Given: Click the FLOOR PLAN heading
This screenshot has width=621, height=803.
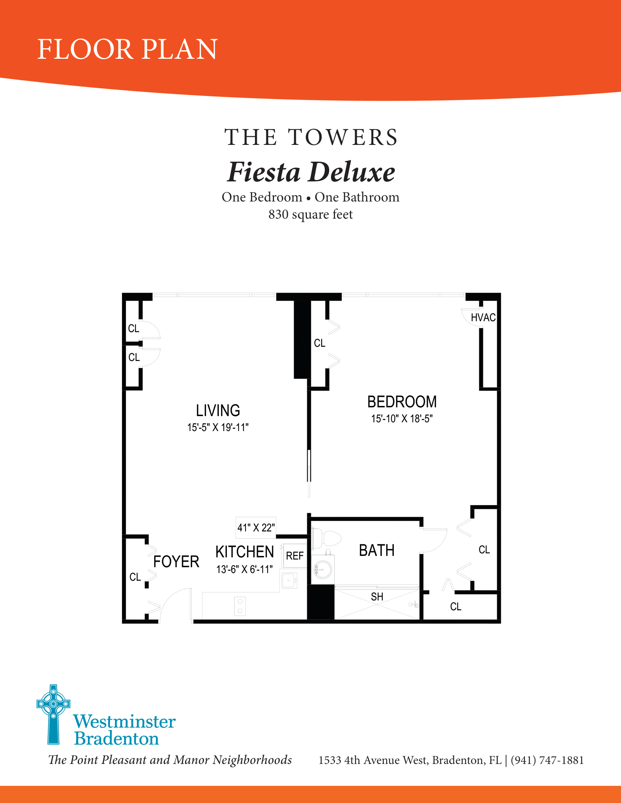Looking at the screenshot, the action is (127, 49).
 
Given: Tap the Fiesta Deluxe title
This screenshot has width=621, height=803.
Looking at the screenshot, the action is (311, 172).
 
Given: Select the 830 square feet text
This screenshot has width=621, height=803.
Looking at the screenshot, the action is (310, 214).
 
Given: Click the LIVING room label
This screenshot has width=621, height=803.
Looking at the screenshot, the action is (218, 410).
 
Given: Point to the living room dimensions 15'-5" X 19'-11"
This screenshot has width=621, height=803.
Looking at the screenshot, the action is (218, 427).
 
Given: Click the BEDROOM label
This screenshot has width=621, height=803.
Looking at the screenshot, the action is (402, 402).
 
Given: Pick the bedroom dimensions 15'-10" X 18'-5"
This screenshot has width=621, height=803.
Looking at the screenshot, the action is (402, 418).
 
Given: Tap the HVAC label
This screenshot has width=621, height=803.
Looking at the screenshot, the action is (483, 317).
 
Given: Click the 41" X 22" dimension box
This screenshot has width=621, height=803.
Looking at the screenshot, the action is (256, 528).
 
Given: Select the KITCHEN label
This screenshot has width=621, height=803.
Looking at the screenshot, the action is (245, 552).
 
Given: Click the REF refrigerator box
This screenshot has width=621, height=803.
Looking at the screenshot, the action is (295, 556).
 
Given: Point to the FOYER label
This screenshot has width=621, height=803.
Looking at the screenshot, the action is (176, 562).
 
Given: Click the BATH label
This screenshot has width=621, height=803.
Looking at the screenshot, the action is (377, 550).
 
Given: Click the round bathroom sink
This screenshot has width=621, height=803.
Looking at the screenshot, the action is (323, 569).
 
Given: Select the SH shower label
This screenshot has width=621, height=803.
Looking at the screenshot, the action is (377, 597).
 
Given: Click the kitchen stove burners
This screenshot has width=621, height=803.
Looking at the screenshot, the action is (240, 606).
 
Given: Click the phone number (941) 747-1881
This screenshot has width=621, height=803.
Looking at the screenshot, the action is (547, 760).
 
